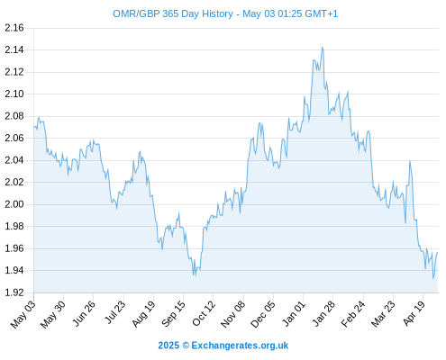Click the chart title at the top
coord(225,13)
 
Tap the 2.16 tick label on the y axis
coord(14,28)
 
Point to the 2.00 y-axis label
coord(14,204)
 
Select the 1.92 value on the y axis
coord(14,292)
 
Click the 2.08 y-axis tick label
coord(14,116)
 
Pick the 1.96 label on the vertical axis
coord(14,248)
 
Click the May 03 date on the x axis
coord(23,314)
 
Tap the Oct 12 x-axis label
coord(204,313)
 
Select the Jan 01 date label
coord(294,313)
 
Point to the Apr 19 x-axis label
coord(414,313)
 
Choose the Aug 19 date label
coord(144,313)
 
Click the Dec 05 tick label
coord(263,314)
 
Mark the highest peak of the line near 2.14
coord(323,47)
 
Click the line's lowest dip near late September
coord(195,275)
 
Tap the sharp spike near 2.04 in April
coord(410,161)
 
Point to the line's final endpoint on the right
coord(438,253)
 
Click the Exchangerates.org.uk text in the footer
coord(240,346)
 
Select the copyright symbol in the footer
coord(186,346)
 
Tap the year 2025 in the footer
coord(168,346)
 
